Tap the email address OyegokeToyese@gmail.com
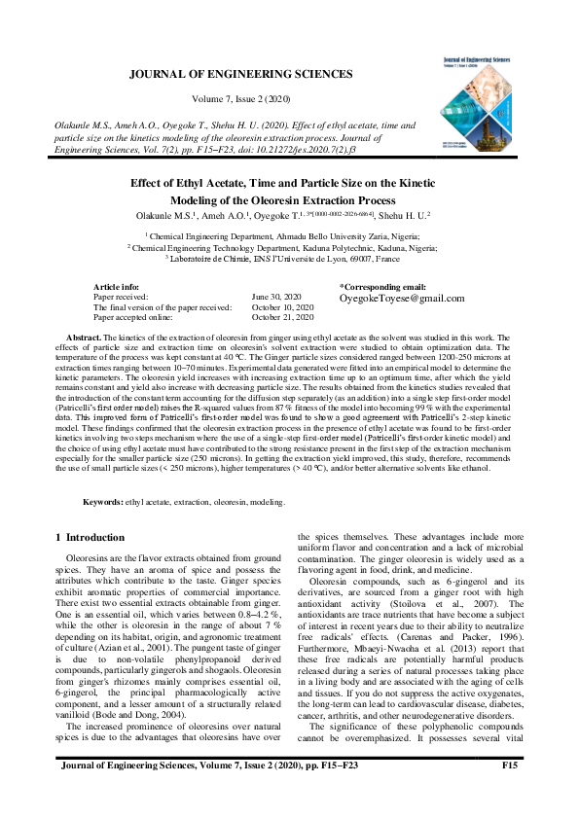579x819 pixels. (x=402, y=299)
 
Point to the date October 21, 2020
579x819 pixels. (x=283, y=316)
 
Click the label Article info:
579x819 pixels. (x=117, y=287)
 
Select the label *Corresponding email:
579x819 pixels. (x=382, y=287)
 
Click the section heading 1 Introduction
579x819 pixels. (x=90, y=537)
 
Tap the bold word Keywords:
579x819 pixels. (x=102, y=502)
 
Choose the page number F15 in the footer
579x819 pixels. (x=508, y=794)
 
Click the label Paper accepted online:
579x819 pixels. (x=135, y=316)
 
